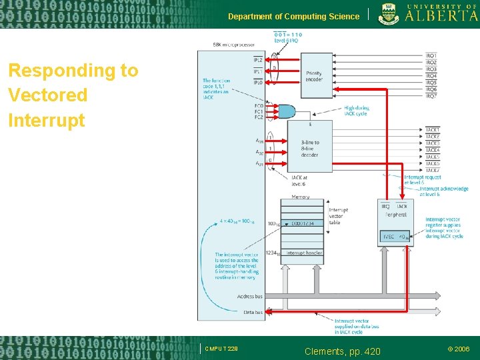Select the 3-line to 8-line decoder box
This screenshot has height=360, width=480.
click(x=310, y=148)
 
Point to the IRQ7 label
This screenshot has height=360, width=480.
click(x=431, y=96)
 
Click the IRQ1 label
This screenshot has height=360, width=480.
click(x=431, y=55)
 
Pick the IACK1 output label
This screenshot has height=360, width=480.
click(x=433, y=129)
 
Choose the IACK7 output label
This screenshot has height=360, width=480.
click(x=433, y=170)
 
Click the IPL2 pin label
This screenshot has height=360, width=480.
click(x=257, y=60)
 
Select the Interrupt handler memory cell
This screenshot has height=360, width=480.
click(x=305, y=253)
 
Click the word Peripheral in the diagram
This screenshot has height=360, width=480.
click(x=395, y=215)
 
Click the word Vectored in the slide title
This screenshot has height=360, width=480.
click(x=48, y=95)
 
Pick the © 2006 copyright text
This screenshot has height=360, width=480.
click(x=458, y=349)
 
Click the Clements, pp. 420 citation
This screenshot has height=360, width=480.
click(x=342, y=350)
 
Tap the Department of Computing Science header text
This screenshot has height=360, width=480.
click(x=293, y=16)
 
